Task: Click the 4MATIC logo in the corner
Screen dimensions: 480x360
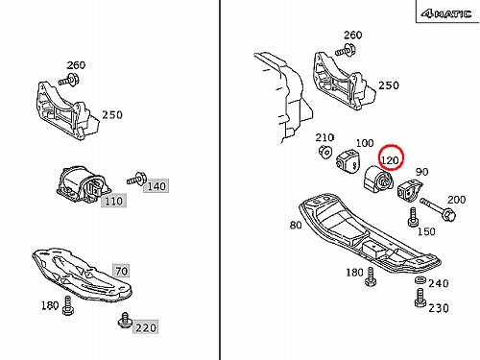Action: [446, 13]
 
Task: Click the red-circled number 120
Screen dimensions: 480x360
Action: [390, 159]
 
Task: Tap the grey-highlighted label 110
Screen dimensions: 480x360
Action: [113, 201]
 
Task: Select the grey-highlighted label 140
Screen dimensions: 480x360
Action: [156, 186]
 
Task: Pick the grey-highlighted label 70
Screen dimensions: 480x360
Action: [121, 271]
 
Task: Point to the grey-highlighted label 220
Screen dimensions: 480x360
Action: [146, 327]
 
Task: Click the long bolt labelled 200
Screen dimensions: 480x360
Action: [438, 208]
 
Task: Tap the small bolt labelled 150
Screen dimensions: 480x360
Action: [413, 217]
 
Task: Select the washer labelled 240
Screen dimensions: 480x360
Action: [420, 280]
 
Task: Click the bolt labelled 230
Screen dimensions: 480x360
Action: [420, 298]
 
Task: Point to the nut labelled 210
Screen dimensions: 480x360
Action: [324, 151]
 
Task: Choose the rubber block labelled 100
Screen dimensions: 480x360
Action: [348, 161]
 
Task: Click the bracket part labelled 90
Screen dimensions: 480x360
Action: [410, 190]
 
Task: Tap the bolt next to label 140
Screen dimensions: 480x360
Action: [136, 179]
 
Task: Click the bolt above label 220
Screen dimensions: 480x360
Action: [125, 320]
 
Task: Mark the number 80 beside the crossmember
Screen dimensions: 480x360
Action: [296, 225]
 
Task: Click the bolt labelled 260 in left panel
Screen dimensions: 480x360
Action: [69, 80]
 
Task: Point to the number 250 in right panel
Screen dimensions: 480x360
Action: [389, 85]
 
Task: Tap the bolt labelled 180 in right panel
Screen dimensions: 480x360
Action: [371, 276]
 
